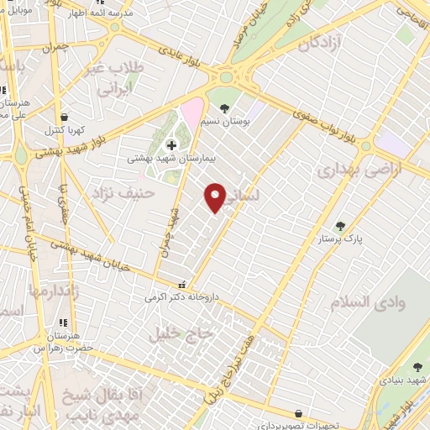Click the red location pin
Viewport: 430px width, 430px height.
click(216, 197)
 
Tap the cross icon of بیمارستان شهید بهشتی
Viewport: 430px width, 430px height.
click(172, 144)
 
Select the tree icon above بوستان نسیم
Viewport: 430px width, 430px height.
click(224, 107)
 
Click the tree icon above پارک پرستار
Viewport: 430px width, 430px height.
click(340, 226)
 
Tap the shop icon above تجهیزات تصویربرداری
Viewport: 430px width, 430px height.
click(299, 413)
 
